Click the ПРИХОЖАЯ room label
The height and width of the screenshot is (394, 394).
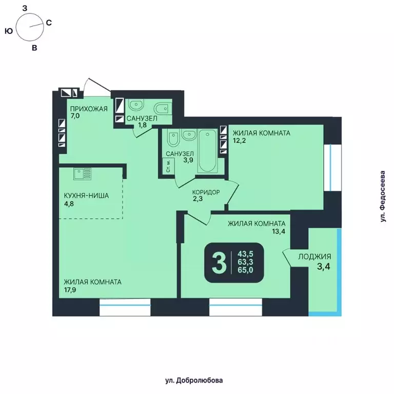tap(88, 108)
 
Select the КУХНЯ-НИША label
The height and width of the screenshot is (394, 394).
tap(86, 195)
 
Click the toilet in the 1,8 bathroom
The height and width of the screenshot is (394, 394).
tap(162, 107)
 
